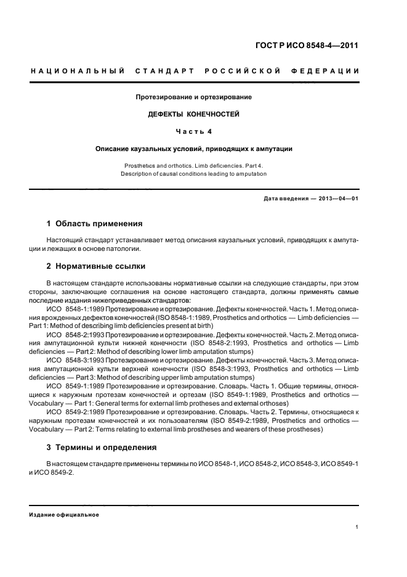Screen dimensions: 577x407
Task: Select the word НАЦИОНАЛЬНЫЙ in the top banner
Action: pyautogui.click(x=78, y=72)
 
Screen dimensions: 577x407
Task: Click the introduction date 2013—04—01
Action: pyautogui.click(x=337, y=197)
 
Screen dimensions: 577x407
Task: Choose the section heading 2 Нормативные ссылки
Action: pyautogui.click(x=96, y=266)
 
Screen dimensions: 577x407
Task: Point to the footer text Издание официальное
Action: pyautogui.click(x=64, y=515)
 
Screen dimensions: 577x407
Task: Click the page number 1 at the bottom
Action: pyautogui.click(x=357, y=527)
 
